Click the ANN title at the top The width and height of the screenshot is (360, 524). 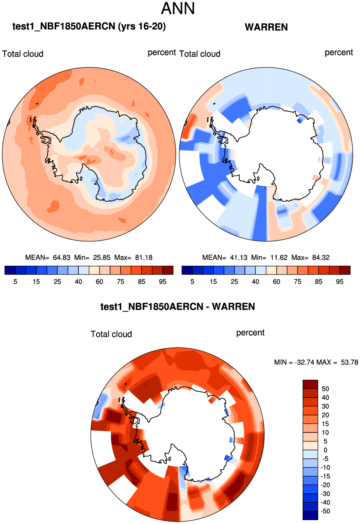click(x=178, y=9)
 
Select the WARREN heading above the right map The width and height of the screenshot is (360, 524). click(x=266, y=27)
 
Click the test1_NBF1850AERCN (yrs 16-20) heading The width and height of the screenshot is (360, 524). click(x=89, y=26)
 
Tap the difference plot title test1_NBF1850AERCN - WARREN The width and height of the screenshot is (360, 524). click(x=177, y=307)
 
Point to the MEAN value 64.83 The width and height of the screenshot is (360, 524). click(x=62, y=258)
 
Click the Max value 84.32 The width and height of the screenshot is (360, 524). click(x=321, y=258)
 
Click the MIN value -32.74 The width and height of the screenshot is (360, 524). click(x=304, y=362)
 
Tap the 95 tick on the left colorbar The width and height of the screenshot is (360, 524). click(x=163, y=282)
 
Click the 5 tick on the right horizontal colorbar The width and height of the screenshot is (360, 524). click(x=192, y=282)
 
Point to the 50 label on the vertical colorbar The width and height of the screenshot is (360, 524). click(x=325, y=389)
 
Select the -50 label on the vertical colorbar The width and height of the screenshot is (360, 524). click(x=326, y=511)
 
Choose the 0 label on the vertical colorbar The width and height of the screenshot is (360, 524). click(x=325, y=450)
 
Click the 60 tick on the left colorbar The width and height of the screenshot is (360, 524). click(x=100, y=282)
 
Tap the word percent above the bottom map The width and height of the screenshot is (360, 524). click(x=250, y=333)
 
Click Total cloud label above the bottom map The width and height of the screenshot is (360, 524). click(x=111, y=334)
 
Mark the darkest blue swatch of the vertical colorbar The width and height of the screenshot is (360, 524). click(x=310, y=515)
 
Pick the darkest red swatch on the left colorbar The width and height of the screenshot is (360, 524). click(x=168, y=270)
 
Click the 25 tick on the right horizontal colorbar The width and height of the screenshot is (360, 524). click(x=234, y=282)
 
